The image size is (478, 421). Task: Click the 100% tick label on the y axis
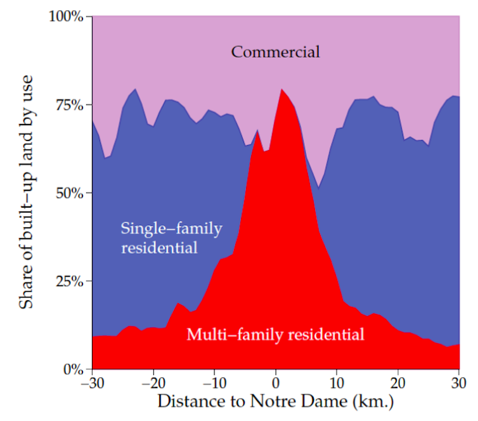(66, 16)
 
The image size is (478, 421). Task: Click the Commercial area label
(275, 51)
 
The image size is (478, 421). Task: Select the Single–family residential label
(171, 237)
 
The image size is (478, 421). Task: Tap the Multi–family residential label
(275, 334)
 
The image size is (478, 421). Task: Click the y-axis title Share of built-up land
(26, 192)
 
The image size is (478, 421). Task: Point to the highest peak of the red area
(281, 89)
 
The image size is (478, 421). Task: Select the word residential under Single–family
(159, 247)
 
